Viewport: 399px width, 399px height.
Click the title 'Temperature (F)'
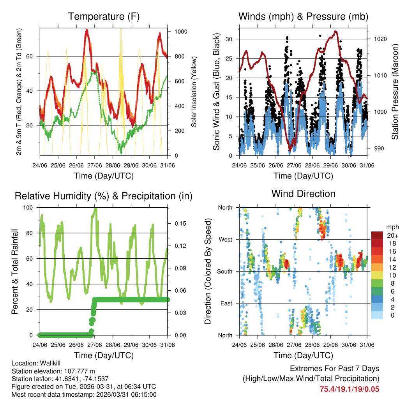[104, 17]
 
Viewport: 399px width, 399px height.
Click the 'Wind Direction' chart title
[303, 194]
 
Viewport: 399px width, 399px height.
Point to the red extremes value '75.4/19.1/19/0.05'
[350, 389]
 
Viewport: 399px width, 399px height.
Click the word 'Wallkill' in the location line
[50, 363]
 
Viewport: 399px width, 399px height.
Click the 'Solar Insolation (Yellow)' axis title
[193, 92]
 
